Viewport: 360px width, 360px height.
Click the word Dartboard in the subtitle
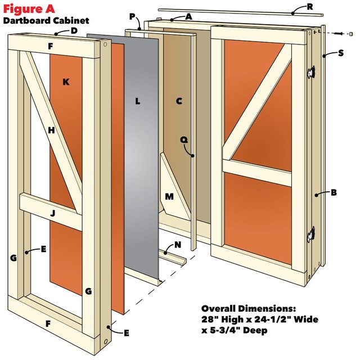(x=25, y=21)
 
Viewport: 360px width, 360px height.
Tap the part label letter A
(x=188, y=17)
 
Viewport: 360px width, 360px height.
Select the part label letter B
(x=334, y=193)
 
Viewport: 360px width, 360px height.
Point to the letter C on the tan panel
(x=179, y=101)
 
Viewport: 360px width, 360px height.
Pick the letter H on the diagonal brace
(x=51, y=130)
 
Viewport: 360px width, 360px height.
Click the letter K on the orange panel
(x=66, y=82)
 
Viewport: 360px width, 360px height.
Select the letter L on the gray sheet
(x=137, y=102)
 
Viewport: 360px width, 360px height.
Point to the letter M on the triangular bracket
(x=170, y=197)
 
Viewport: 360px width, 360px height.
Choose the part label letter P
(x=132, y=17)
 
